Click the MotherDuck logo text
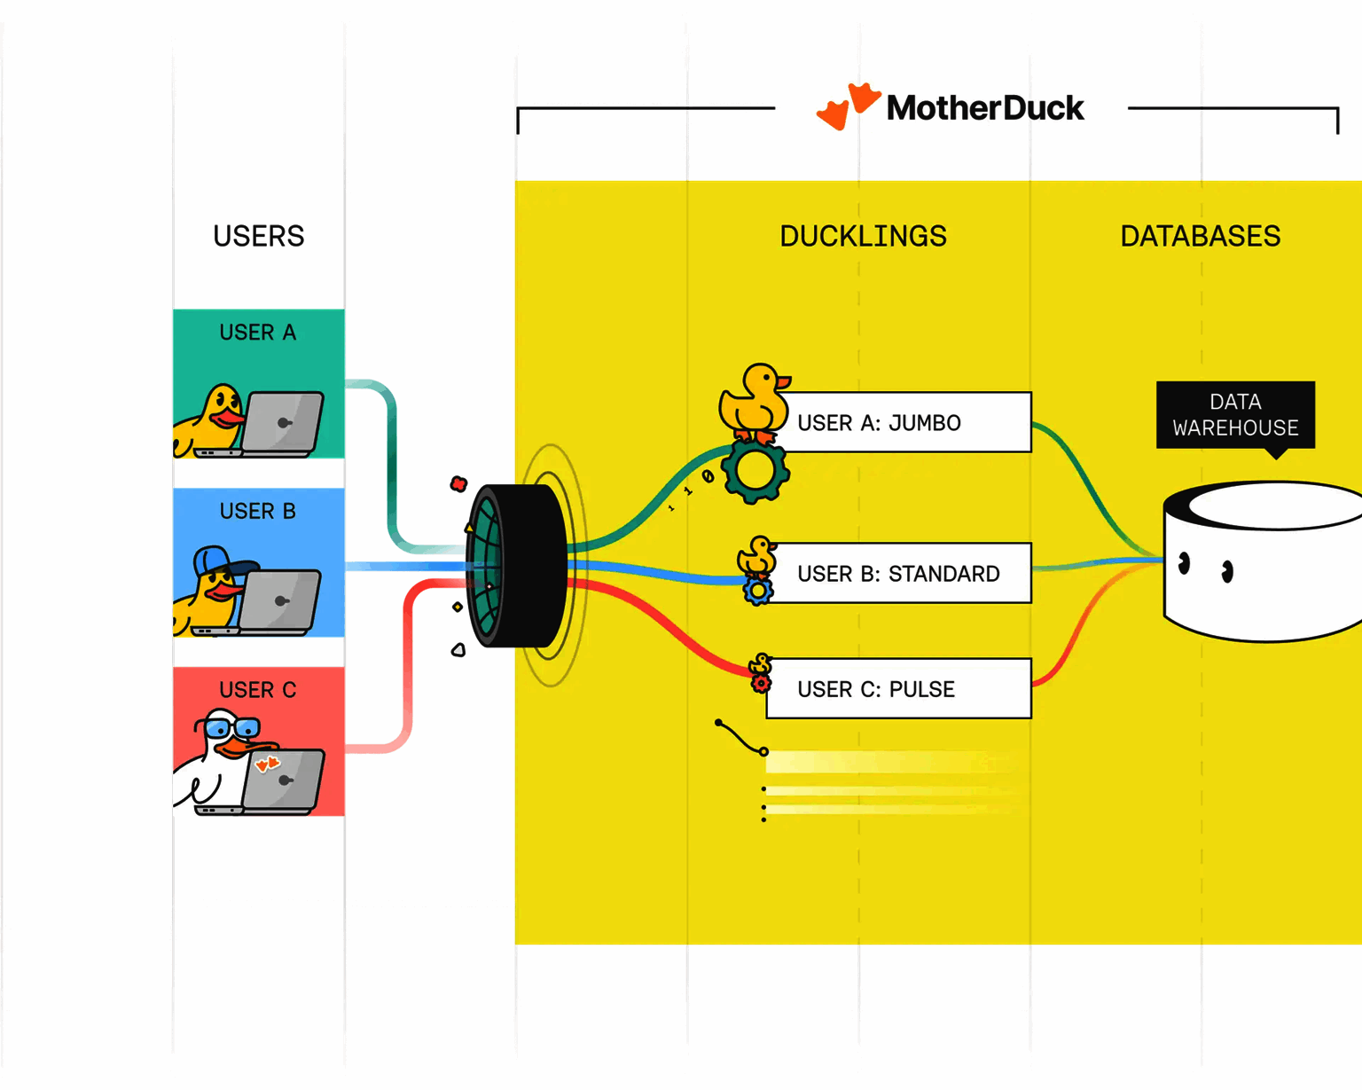[985, 108]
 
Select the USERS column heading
[258, 236]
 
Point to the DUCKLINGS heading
[863, 236]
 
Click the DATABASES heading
[1200, 236]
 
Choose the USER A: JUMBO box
[904, 422]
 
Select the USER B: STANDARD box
[900, 574]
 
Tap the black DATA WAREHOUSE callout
[1235, 415]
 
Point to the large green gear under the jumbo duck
[755, 471]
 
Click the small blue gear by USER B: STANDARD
[757, 592]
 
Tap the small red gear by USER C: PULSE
[761, 683]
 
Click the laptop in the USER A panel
[281, 424]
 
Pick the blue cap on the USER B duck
[218, 561]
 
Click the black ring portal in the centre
[516, 566]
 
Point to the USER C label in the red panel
[258, 690]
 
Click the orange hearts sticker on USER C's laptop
[267, 764]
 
